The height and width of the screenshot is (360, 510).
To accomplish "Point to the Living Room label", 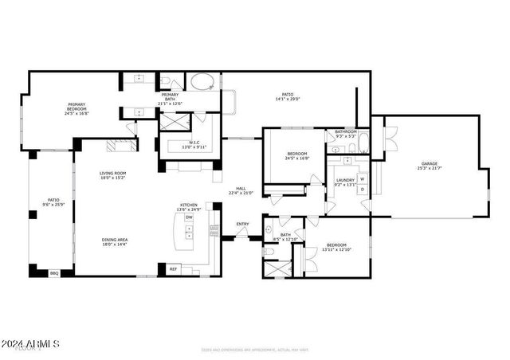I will click(x=113, y=174).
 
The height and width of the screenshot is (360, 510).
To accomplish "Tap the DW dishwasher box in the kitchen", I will click(x=189, y=217).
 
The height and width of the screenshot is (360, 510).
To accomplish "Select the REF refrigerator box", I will click(x=173, y=269).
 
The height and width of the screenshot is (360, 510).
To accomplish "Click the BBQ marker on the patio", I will click(x=54, y=273).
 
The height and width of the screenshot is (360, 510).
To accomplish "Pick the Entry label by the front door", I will click(x=243, y=224).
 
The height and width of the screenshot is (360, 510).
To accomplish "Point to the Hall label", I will click(x=241, y=189).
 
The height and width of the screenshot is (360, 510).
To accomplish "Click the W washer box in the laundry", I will click(x=363, y=179).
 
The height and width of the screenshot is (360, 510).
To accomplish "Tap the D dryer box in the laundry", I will click(x=363, y=192).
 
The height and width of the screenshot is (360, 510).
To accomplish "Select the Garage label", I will click(x=430, y=164).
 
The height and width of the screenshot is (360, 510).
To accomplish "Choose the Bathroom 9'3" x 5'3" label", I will click(x=345, y=136).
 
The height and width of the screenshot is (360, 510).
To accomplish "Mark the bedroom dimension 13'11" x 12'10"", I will click(x=335, y=250).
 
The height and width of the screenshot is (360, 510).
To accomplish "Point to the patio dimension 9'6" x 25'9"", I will click(x=53, y=205).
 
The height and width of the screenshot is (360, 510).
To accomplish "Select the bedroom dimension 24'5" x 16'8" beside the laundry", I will click(x=297, y=158).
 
